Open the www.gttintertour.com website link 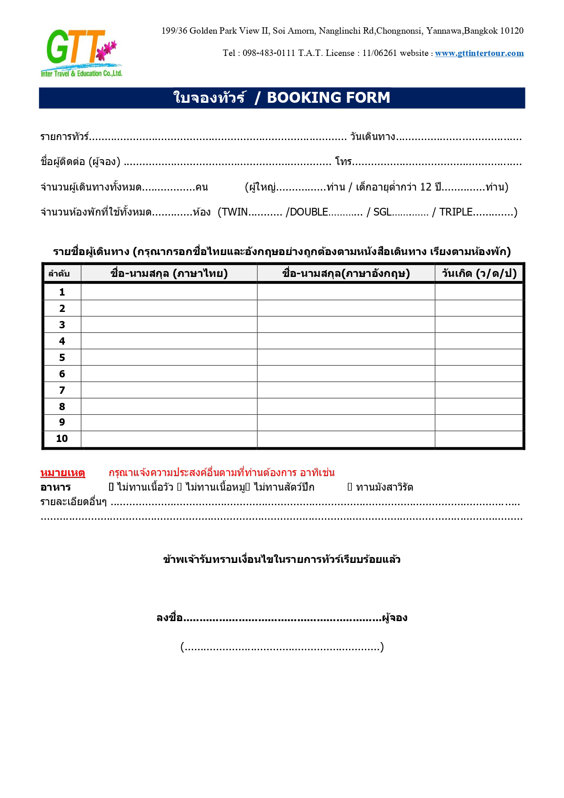click(x=479, y=53)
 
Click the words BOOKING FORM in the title click(x=328, y=98)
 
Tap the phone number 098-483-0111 click(x=269, y=53)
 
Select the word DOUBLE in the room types click(x=309, y=212)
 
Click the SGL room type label click(x=382, y=212)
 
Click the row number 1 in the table click(x=62, y=292)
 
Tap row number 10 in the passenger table click(x=62, y=439)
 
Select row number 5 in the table click(x=62, y=357)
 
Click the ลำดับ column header click(x=59, y=274)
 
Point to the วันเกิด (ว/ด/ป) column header click(x=479, y=273)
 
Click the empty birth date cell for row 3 click(x=479, y=325)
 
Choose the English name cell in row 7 click(x=346, y=390)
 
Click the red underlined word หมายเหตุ click(x=63, y=473)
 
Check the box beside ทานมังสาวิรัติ click(x=350, y=487)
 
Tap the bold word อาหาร click(x=55, y=487)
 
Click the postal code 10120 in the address click(x=512, y=31)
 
